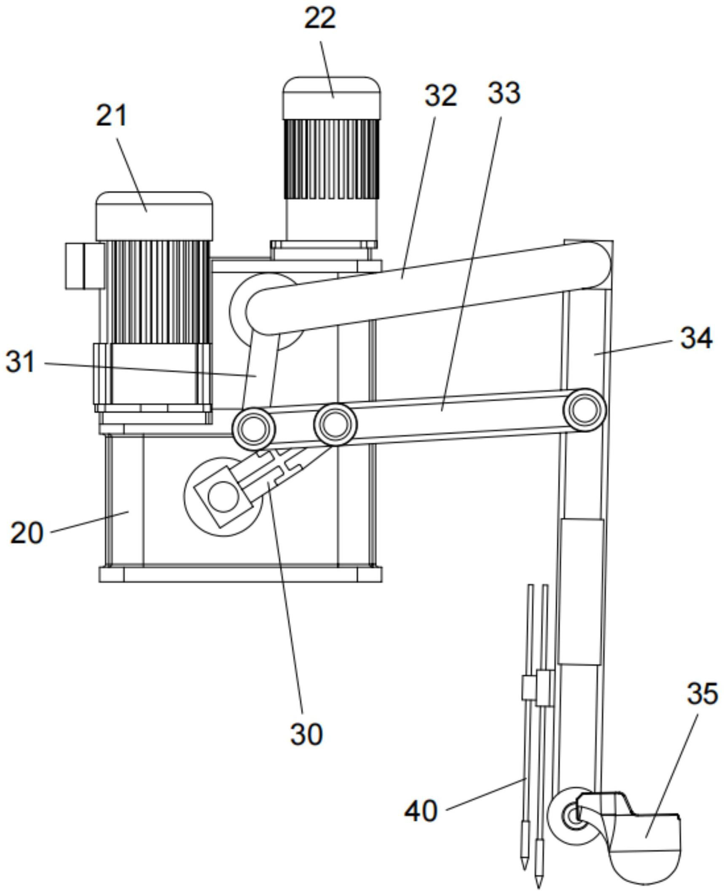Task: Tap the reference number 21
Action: click(111, 116)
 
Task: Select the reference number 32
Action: click(440, 95)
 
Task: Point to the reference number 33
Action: click(504, 93)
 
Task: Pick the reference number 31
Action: click(20, 362)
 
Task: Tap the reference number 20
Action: click(27, 532)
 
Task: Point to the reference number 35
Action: click(702, 693)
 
